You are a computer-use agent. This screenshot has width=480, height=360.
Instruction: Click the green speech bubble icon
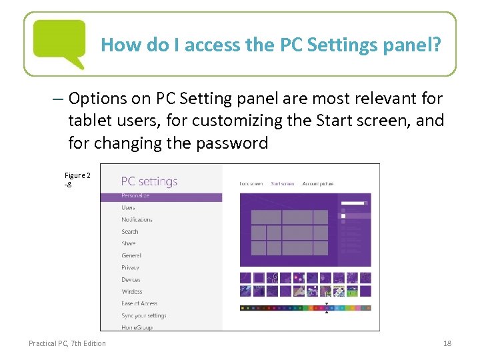[x=59, y=41]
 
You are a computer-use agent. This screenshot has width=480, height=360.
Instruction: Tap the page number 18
[x=447, y=343]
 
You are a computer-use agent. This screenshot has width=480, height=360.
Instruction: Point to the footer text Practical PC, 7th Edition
[x=67, y=343]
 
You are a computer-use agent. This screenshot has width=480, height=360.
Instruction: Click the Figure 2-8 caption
[x=77, y=180]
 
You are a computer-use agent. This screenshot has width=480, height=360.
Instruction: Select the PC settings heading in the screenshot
[x=149, y=181]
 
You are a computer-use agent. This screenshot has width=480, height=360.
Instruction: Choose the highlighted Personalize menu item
[x=135, y=197]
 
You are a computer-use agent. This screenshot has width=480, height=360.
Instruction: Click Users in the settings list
[x=128, y=208]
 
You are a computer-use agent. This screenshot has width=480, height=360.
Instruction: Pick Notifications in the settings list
[x=137, y=220]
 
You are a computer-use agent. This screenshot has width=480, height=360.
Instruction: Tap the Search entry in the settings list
[x=130, y=232]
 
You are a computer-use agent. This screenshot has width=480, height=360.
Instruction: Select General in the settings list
[x=131, y=256]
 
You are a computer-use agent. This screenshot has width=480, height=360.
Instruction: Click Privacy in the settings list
[x=131, y=268]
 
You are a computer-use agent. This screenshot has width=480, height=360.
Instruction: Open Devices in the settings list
[x=131, y=280]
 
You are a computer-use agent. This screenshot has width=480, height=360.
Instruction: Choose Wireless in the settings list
[x=132, y=292]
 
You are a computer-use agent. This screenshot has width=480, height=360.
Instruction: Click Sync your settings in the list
[x=144, y=316]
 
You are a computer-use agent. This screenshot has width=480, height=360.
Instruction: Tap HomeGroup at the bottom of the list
[x=136, y=327]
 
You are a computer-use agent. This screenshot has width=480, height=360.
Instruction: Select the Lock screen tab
[x=251, y=183]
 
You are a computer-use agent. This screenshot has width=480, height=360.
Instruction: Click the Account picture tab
[x=317, y=183]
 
